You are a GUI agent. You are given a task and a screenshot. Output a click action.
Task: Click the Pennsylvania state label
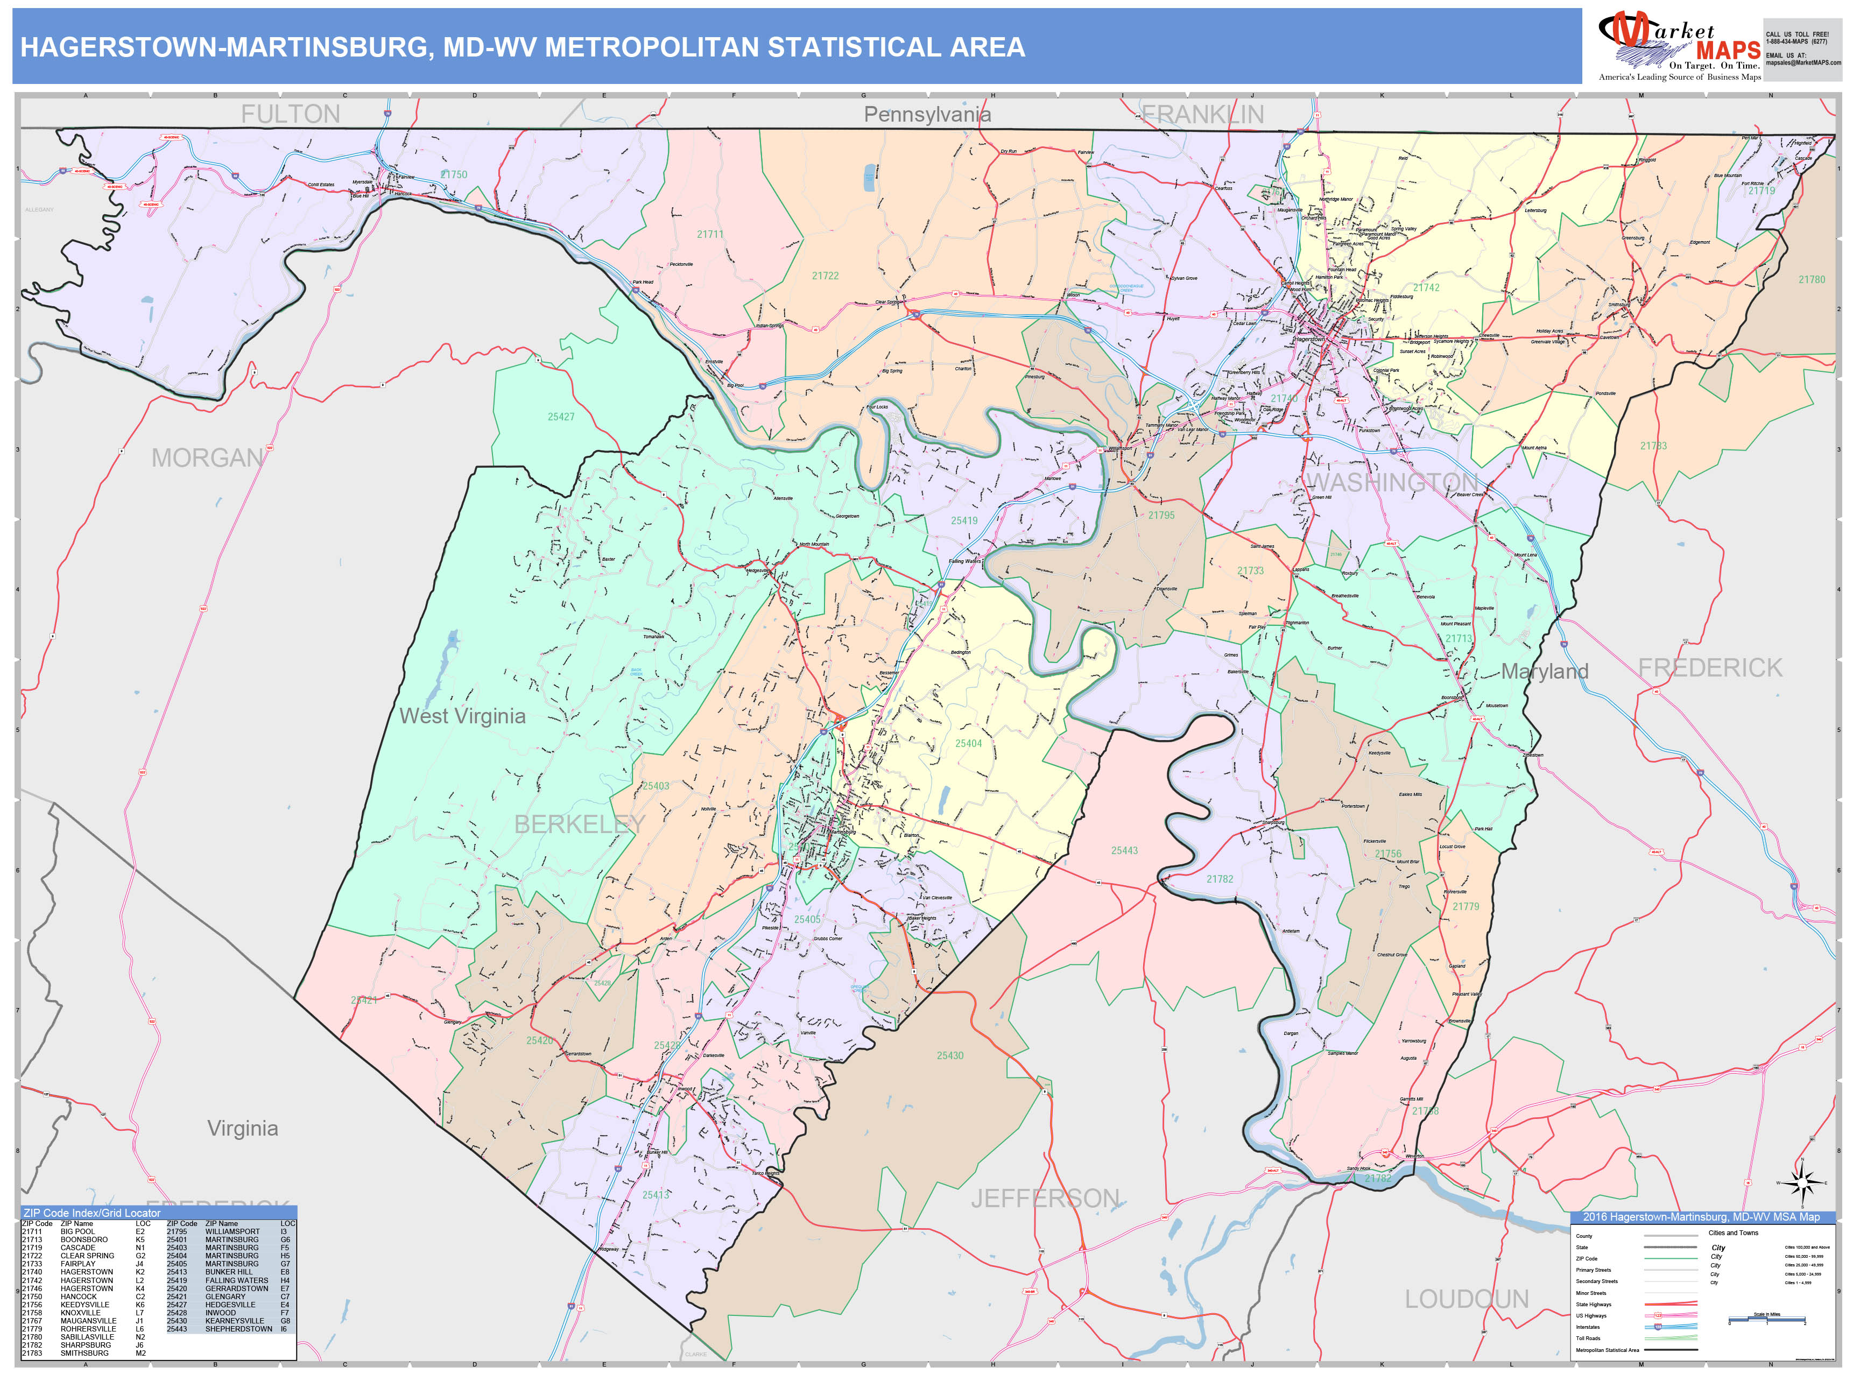927,114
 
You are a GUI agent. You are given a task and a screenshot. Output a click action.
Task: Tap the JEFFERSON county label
1045,1198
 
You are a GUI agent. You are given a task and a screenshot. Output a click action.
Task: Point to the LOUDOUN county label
1467,1299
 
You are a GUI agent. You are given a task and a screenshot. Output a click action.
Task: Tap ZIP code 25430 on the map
950,1055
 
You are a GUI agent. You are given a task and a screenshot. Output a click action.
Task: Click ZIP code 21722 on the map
825,276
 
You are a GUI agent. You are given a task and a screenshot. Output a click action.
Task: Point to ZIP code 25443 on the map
1124,851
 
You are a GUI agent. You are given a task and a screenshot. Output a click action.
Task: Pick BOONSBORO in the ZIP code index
84,1239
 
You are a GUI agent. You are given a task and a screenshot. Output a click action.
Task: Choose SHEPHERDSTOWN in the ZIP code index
239,1329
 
